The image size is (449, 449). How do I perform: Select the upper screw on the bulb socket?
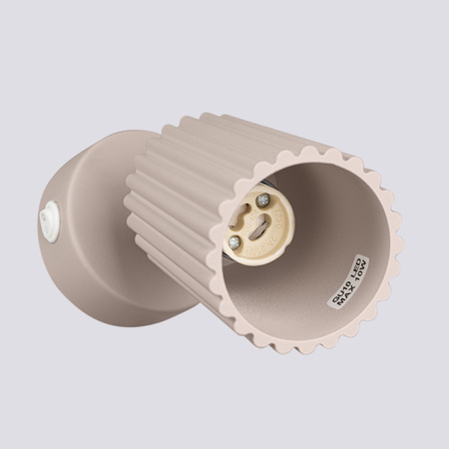point(262,201)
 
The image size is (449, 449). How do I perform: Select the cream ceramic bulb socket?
point(248,224)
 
